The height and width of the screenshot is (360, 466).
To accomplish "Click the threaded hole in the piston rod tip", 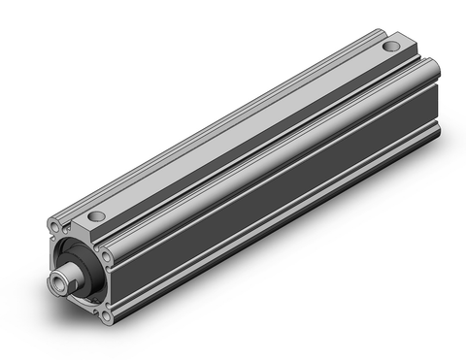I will (59, 288).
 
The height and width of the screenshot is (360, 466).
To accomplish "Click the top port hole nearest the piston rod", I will (96, 215).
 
